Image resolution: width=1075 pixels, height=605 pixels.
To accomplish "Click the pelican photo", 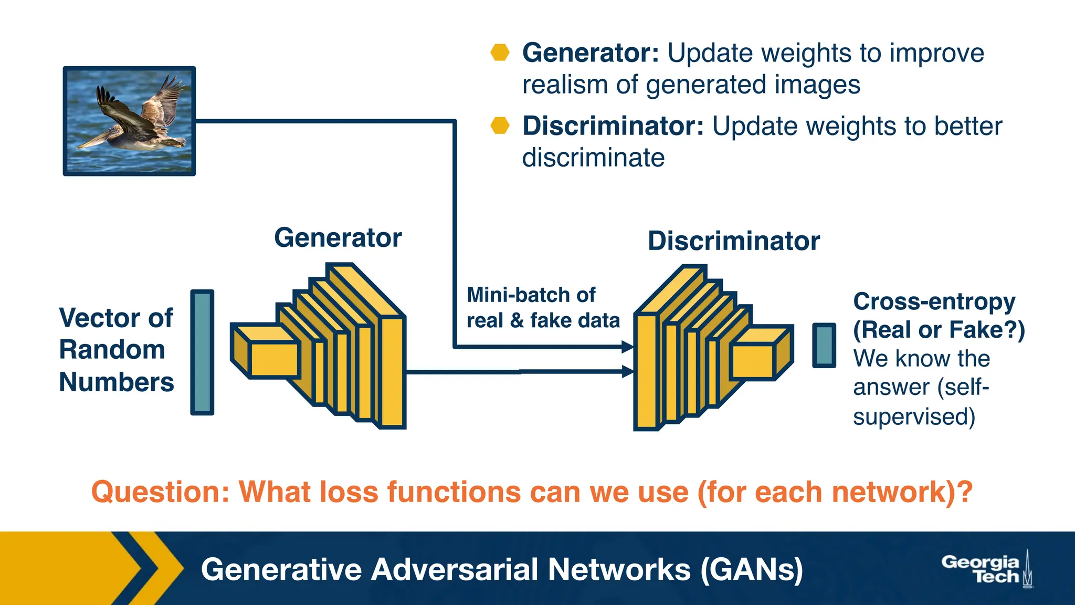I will click(x=129, y=121).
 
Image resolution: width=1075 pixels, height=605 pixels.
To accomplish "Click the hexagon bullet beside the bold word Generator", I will click(x=500, y=53).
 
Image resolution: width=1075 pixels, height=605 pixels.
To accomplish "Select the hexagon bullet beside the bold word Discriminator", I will click(x=500, y=126).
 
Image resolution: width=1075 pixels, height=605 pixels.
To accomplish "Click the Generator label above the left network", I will click(x=338, y=238).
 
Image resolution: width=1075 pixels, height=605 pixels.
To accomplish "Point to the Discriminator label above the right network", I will click(x=733, y=241).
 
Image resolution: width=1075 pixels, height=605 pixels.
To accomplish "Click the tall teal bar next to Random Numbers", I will click(x=202, y=352).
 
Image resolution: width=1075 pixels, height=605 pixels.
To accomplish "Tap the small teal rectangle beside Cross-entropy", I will click(x=824, y=345).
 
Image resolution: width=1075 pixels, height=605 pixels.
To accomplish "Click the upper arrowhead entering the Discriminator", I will click(x=627, y=347).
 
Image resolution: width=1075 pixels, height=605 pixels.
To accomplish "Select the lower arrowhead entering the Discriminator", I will click(x=627, y=372).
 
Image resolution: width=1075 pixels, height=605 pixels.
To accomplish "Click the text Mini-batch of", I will click(x=531, y=295).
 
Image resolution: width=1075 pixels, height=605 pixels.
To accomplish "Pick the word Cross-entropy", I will click(x=934, y=301).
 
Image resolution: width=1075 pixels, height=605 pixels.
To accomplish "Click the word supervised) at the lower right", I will click(x=914, y=417).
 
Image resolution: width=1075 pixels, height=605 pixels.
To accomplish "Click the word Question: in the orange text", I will click(x=161, y=492).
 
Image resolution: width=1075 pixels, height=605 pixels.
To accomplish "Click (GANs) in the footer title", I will click(x=751, y=570).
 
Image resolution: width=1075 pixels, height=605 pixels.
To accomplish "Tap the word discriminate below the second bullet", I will click(x=593, y=158).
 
